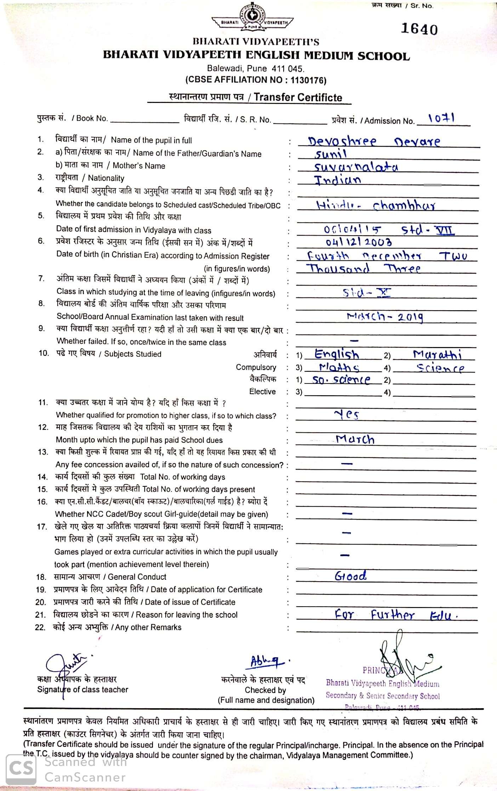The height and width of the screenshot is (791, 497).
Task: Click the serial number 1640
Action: [x=419, y=29]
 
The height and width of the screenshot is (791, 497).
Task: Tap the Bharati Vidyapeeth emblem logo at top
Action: [x=252, y=18]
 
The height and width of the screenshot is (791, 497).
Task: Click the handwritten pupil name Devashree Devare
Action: [x=374, y=142]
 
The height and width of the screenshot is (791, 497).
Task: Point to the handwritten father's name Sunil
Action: [x=331, y=154]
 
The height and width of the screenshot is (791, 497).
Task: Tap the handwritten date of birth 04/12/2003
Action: [x=359, y=242]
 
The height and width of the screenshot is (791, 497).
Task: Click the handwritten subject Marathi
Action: [x=437, y=354]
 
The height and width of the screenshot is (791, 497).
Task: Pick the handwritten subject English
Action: [x=337, y=354]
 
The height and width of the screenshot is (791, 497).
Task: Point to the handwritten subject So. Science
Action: [x=342, y=380]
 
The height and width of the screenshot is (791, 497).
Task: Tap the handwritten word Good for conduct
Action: [x=350, y=576]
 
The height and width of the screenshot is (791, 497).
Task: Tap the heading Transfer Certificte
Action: [x=298, y=97]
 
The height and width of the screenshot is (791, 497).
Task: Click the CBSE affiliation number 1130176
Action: [x=308, y=80]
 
